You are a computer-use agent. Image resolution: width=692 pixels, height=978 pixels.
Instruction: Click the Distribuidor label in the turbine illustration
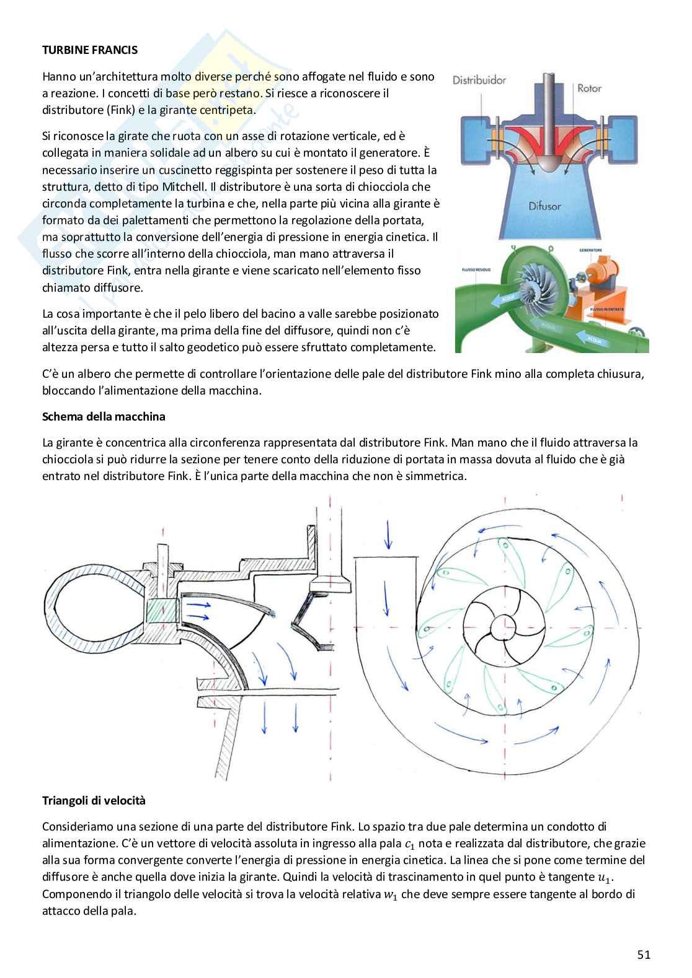(x=479, y=80)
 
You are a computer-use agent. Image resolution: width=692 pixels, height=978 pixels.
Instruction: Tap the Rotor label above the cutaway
(x=589, y=88)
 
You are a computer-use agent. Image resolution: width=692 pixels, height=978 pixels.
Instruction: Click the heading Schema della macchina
(x=104, y=416)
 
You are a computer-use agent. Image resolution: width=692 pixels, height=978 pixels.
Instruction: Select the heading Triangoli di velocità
(x=94, y=800)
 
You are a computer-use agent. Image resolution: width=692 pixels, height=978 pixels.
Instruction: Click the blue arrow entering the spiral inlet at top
(x=388, y=535)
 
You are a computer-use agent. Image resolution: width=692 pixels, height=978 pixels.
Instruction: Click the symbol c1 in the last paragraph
(x=409, y=844)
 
